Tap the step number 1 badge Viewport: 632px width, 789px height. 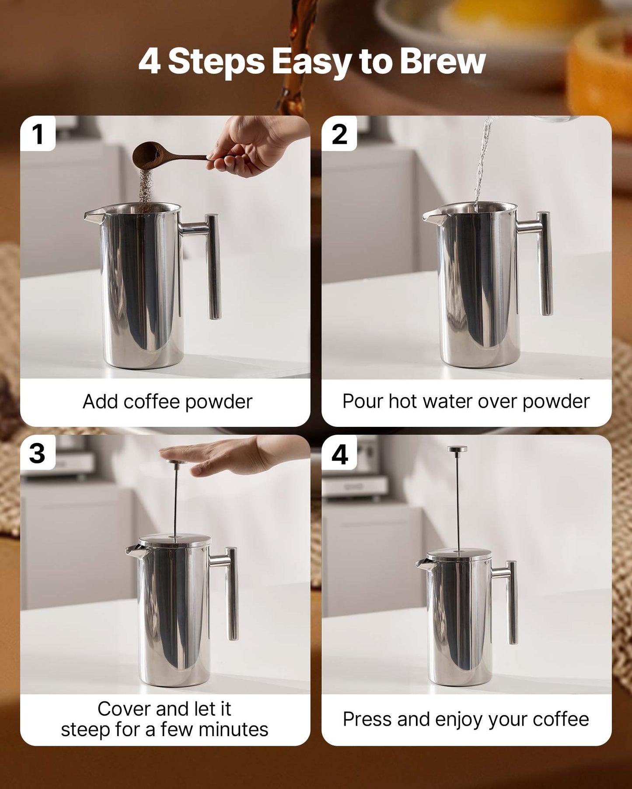click(38, 134)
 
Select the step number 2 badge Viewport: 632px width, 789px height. click(339, 134)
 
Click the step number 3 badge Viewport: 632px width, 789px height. click(37, 453)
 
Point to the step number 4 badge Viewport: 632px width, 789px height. click(339, 454)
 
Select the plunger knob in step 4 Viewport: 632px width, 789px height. click(457, 449)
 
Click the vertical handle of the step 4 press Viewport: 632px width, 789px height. click(512, 603)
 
